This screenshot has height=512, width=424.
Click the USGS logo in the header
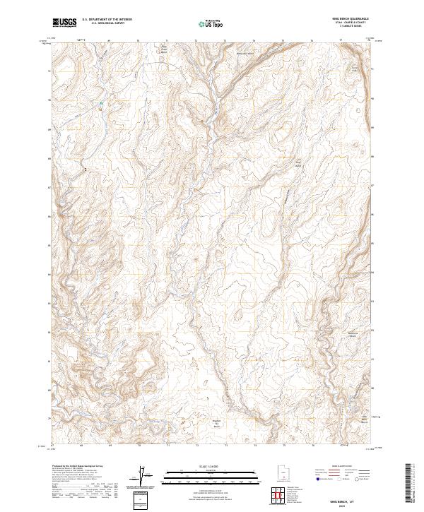[65, 23]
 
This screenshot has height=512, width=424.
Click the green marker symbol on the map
[101, 105]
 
